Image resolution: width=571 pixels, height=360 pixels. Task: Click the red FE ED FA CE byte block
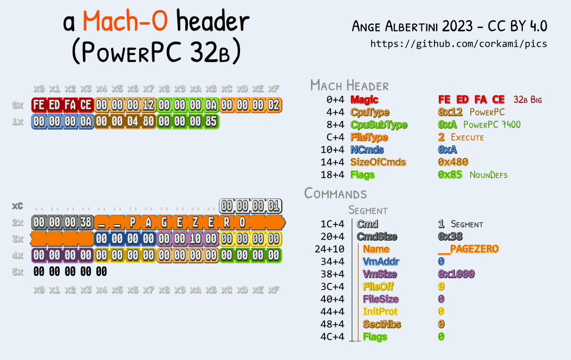(x=62, y=105)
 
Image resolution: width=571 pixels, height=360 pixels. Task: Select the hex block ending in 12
(x=125, y=105)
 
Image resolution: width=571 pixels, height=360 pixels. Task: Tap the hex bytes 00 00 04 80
(x=125, y=121)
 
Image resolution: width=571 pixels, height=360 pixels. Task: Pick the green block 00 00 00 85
(x=187, y=121)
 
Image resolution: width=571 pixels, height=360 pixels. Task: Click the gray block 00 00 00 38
(x=62, y=222)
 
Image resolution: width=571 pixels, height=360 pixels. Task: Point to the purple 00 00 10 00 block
(x=187, y=239)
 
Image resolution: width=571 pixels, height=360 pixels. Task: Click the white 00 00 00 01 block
(x=250, y=206)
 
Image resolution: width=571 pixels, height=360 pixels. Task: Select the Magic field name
(x=364, y=100)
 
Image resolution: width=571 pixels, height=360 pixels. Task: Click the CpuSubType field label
(x=371, y=125)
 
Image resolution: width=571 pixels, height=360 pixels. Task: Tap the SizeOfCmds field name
(x=378, y=162)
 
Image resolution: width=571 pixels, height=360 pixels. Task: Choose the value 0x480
(x=453, y=162)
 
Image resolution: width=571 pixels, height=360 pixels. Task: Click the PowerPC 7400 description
(x=492, y=125)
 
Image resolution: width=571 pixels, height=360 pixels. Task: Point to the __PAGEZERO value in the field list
(x=468, y=249)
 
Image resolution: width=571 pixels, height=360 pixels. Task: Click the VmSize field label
(x=380, y=274)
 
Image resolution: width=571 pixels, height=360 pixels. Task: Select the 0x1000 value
(x=456, y=274)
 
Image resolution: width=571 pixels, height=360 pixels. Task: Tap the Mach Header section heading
(x=349, y=85)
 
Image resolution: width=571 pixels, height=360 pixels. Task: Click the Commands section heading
(x=335, y=194)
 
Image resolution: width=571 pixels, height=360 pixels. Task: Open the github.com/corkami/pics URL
(x=458, y=44)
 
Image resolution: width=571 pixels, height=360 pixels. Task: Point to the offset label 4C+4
(x=332, y=337)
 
